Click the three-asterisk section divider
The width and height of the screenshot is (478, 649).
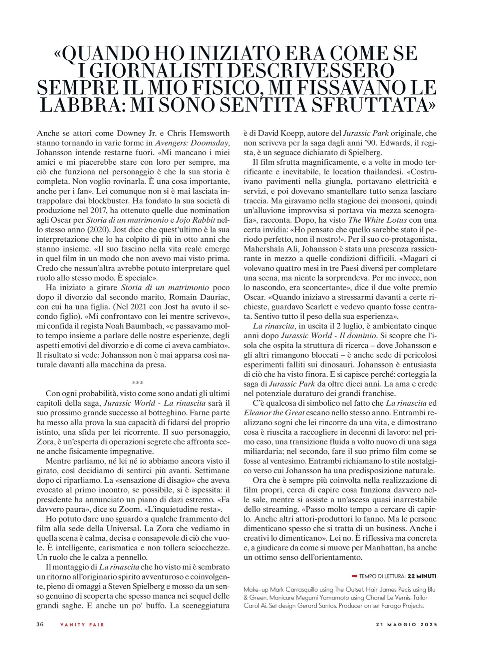[x=138, y=383]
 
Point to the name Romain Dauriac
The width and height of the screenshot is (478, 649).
[x=197, y=297]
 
